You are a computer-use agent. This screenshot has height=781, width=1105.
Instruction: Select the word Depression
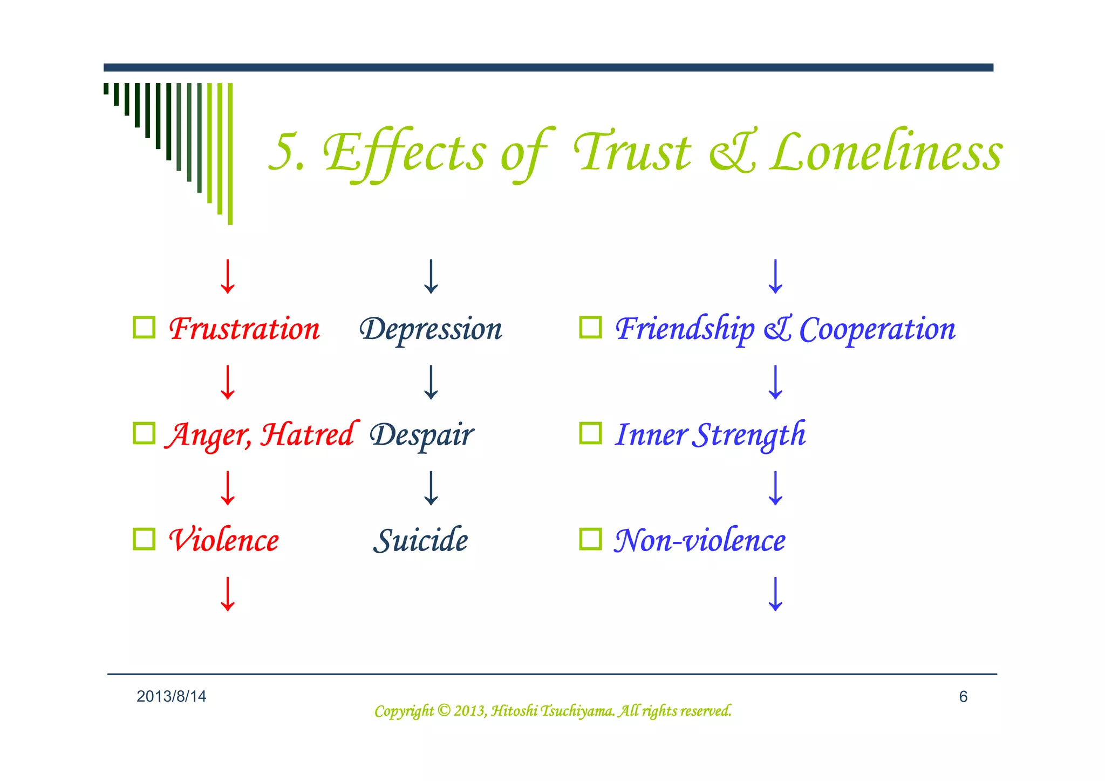click(431, 329)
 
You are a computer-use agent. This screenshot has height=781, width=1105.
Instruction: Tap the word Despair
click(421, 434)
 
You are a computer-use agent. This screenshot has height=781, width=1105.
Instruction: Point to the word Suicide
click(420, 540)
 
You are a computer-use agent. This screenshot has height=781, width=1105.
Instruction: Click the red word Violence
click(224, 540)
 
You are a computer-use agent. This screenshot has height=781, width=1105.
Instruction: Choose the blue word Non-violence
click(700, 540)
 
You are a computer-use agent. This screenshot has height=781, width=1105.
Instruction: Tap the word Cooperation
click(877, 329)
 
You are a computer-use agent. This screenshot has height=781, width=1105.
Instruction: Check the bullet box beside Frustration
click(144, 327)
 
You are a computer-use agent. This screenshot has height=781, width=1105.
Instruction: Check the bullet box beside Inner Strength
click(590, 433)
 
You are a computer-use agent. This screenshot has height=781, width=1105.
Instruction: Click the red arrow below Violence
click(228, 594)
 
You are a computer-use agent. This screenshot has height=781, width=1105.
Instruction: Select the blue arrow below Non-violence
click(775, 594)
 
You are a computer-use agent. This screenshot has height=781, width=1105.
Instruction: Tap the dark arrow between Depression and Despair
click(431, 382)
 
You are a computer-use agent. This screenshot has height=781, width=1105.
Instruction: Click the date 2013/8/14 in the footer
click(171, 696)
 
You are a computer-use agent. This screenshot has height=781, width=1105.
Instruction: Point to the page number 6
click(963, 697)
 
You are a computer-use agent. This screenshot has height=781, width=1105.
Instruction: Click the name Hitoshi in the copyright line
click(514, 711)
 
